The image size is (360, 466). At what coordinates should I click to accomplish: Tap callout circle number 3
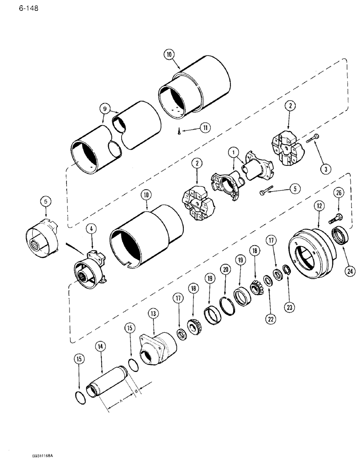tap(327, 169)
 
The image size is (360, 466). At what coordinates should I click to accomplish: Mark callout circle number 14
tap(99, 346)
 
